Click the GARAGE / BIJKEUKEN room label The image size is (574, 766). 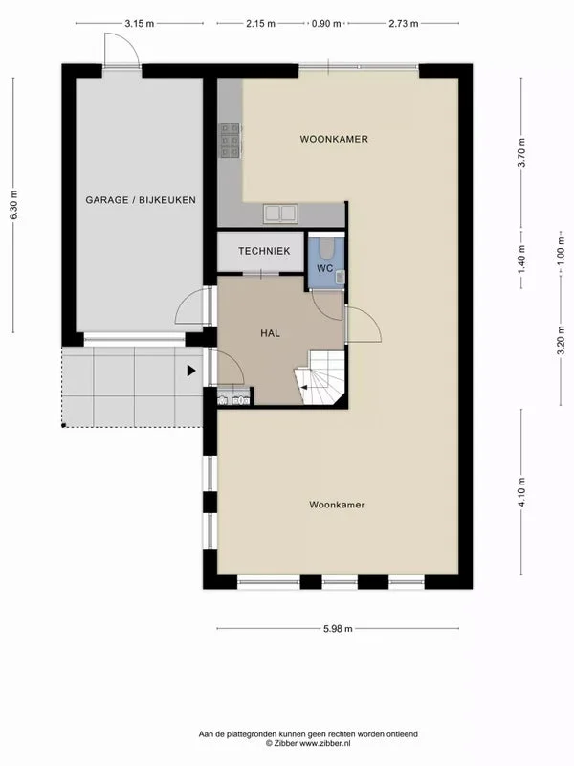tap(141, 200)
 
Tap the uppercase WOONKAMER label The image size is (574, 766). tap(334, 140)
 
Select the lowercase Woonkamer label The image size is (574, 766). tap(338, 504)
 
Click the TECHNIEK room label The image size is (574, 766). tap(264, 251)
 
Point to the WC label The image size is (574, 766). tap(324, 269)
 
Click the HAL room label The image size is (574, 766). tap(270, 333)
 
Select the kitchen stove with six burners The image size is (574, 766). tap(230, 141)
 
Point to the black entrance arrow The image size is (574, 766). tap(191, 371)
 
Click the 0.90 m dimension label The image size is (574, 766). tap(326, 24)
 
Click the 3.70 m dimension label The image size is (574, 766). tap(521, 152)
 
